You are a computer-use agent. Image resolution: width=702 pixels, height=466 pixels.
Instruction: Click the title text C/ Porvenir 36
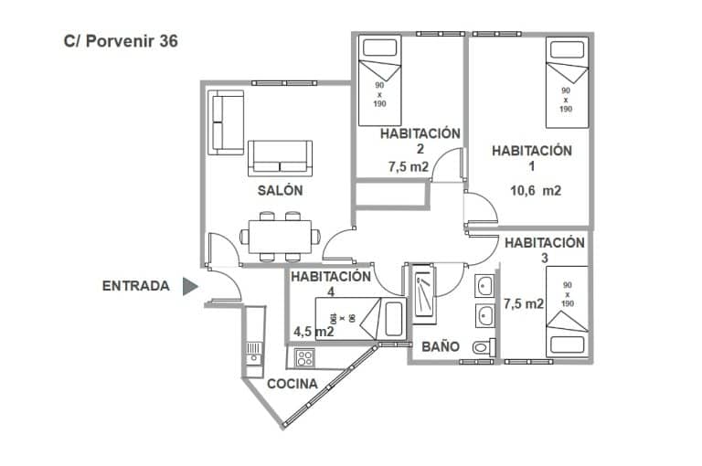121,41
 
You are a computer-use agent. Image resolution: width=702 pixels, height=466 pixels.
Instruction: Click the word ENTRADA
135,286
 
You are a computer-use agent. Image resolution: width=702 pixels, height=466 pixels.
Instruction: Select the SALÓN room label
280,191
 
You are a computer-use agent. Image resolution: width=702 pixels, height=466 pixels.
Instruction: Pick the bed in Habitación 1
567,82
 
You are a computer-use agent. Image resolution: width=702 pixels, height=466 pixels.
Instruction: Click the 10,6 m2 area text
535,191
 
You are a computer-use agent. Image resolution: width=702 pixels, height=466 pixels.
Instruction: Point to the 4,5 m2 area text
313,332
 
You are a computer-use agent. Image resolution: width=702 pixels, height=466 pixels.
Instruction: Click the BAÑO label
440,347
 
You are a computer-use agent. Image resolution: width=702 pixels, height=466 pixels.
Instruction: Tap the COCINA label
292,384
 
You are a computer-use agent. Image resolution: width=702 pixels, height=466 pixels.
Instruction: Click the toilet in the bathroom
484,347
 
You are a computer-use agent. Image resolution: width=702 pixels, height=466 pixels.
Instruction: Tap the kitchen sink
252,353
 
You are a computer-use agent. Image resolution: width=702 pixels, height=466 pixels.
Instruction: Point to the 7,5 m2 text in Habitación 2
408,167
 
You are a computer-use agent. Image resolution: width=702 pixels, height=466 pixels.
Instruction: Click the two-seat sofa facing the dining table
280,158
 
